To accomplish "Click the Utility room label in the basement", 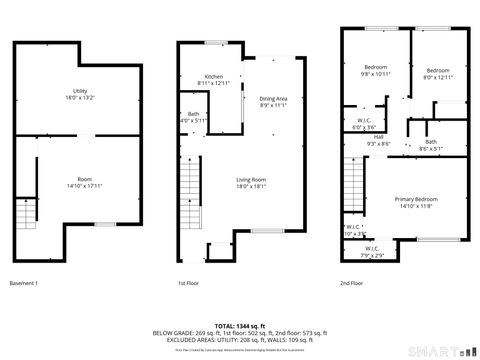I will [x=79, y=91].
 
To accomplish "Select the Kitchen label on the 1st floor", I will [x=214, y=76].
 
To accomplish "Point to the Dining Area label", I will [x=274, y=98].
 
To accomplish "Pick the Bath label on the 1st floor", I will [x=193, y=114].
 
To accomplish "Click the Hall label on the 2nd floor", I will [x=380, y=137].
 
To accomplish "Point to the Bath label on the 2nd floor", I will [x=430, y=141].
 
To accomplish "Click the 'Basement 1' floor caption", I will [x=23, y=283].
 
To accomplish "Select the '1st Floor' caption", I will [x=188, y=283].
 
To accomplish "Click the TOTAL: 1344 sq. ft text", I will [x=239, y=326].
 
